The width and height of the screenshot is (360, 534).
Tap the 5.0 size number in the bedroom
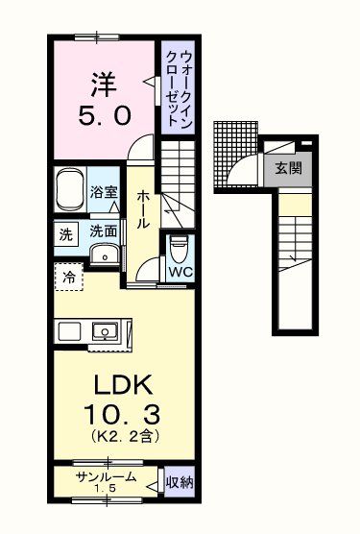pyautogui.click(x=103, y=117)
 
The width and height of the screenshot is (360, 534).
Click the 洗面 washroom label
pyautogui.click(x=104, y=231)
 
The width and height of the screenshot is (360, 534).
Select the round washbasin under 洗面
pyautogui.click(x=103, y=254)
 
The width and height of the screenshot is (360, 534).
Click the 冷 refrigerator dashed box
pyautogui.click(x=69, y=277)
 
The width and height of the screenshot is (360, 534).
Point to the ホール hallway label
pyautogui.click(x=142, y=206)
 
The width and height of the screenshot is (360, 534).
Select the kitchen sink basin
pyautogui.click(x=103, y=331)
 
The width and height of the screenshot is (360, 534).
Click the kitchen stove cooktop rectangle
pyautogui.click(x=70, y=331)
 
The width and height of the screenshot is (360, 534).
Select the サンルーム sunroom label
pyautogui.click(x=107, y=477)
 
